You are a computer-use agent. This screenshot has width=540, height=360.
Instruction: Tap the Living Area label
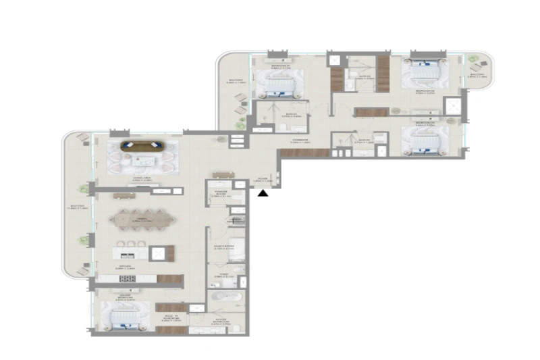click(141, 179)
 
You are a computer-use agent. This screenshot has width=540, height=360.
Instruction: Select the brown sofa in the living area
click(142, 145)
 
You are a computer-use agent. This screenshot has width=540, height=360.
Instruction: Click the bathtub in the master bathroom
click(221, 297)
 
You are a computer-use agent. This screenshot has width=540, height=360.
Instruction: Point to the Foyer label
click(263, 180)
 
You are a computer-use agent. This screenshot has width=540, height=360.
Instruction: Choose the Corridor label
click(301, 141)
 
